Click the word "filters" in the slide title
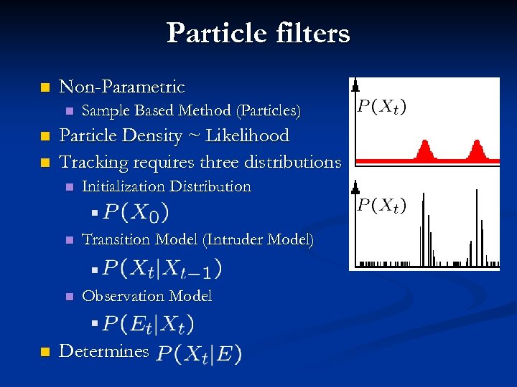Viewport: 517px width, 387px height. tap(309, 33)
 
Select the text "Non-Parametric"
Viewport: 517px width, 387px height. tap(121, 87)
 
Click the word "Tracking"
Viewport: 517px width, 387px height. tap(91, 162)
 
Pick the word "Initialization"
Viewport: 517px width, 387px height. tap(127, 187)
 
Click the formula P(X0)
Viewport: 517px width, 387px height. tap(136, 213)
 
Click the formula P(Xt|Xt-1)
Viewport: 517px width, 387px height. tap(162, 269)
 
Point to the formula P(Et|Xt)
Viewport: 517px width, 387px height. tap(148, 324)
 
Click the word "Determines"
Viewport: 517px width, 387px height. tap(103, 352)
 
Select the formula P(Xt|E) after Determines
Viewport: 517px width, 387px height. tap(199, 353)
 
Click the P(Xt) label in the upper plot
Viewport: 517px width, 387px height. tap(381, 107)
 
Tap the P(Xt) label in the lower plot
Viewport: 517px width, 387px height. tap(381, 206)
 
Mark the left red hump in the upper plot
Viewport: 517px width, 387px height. tap(424, 150)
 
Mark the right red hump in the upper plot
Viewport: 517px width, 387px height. tap(476, 150)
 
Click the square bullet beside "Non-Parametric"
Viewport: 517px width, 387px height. tap(45, 88)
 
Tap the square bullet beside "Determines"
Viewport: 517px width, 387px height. tap(45, 352)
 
